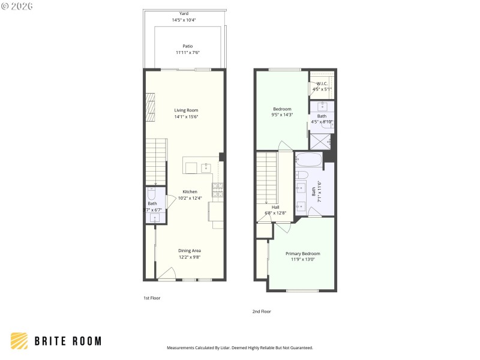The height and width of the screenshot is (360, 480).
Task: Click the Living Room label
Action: click(x=186, y=110)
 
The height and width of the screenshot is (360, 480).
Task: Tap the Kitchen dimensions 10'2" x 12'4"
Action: click(x=190, y=198)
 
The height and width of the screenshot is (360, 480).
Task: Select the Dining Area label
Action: click(x=189, y=250)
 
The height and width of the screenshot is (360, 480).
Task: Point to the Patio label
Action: click(x=188, y=46)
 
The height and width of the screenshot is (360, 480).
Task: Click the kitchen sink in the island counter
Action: click(x=206, y=167)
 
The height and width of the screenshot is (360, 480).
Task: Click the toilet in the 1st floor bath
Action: click(x=152, y=194)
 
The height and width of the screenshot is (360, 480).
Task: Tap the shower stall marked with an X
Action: click(x=322, y=141)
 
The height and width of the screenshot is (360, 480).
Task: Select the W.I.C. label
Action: click(x=322, y=83)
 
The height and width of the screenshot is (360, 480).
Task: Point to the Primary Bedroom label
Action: click(x=302, y=254)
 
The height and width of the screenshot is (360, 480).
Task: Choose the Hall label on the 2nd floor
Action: click(x=276, y=207)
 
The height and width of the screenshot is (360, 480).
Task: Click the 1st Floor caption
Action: click(x=151, y=298)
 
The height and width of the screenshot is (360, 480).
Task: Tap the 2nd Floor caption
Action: click(x=262, y=311)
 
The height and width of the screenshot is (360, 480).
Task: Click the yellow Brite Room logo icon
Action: click(x=19, y=341)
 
